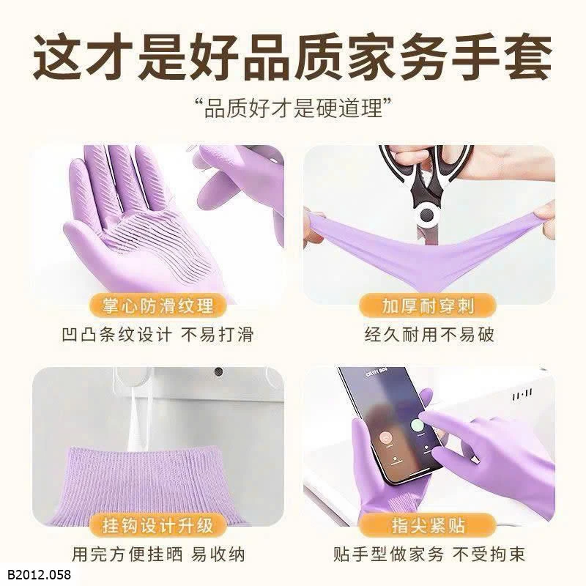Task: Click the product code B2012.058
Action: coord(39,574)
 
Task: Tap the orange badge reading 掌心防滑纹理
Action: coord(157,305)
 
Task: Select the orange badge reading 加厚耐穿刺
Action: coord(428,305)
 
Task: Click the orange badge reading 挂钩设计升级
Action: coord(157,525)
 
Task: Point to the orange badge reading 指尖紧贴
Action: coord(428,525)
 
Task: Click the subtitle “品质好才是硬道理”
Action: coord(294,108)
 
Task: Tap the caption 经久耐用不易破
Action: coord(429,335)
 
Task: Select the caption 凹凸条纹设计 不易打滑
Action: coord(157,335)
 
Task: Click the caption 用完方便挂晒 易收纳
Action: coord(158,555)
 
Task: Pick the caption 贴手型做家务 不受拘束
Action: coord(429,555)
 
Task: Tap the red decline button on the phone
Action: coord(386,436)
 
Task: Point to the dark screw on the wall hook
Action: coord(218,372)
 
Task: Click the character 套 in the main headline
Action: coord(527,56)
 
